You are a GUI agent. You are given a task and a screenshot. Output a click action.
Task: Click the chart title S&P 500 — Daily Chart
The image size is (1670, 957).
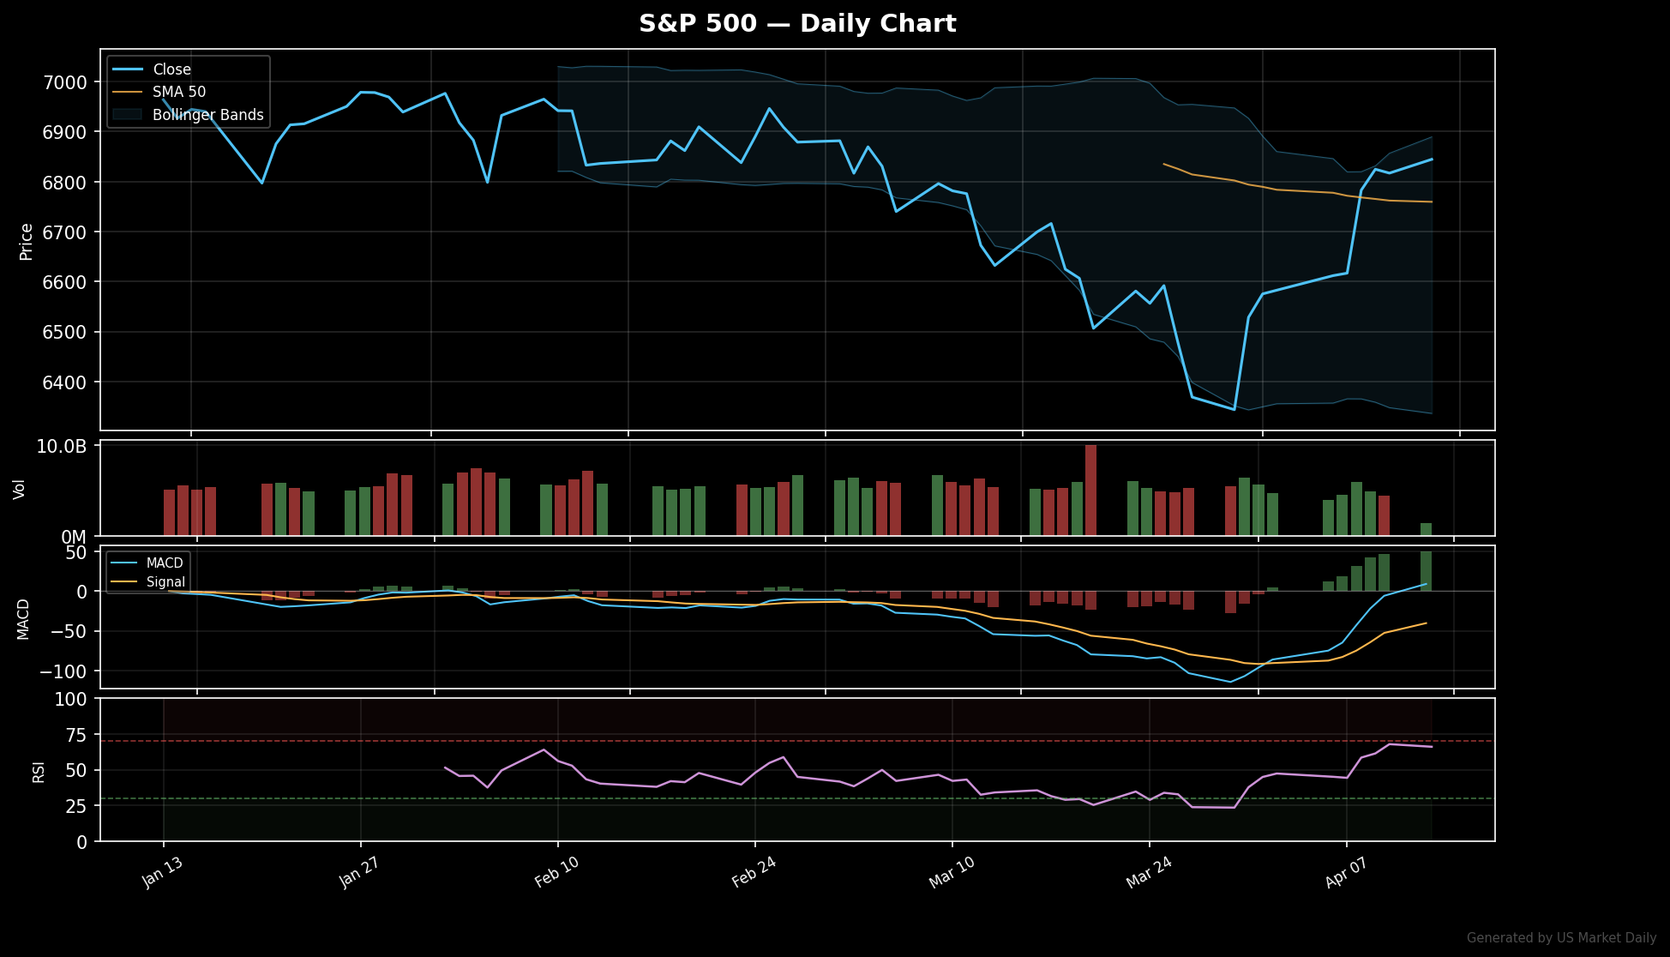[797, 23]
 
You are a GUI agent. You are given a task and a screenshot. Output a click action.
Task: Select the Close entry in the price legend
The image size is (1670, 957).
[171, 69]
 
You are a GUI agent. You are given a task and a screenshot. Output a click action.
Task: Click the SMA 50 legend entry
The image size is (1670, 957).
[179, 92]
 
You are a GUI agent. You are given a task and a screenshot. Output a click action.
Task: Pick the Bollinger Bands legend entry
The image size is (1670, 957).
[207, 115]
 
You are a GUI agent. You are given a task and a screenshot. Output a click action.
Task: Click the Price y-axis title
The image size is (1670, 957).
[27, 241]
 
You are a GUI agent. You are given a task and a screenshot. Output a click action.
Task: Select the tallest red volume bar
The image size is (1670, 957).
[1090, 490]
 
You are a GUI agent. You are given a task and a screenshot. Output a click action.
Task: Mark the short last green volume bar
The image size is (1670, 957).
[1426, 529]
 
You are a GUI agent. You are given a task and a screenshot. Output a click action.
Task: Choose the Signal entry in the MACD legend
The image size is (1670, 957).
[165, 582]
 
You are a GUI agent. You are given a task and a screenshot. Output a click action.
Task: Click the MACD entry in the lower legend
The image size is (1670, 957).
[165, 563]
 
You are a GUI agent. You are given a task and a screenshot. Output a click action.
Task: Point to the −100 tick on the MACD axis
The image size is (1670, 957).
[63, 671]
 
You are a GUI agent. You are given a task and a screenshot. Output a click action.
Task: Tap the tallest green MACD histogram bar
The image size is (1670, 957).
[1426, 571]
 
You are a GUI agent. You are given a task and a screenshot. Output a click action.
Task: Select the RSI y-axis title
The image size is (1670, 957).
[39, 771]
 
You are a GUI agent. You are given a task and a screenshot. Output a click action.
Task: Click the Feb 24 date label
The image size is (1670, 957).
[754, 873]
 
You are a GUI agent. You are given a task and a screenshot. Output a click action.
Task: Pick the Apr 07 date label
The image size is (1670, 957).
[1344, 873]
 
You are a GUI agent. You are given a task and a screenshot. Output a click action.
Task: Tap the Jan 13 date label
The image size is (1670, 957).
[162, 873]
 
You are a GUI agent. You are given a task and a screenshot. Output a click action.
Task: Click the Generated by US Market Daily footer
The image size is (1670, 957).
[1561, 938]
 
